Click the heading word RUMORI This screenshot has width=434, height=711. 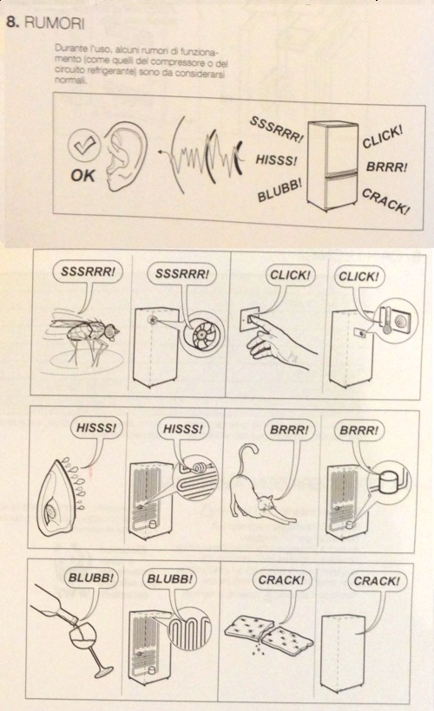54,23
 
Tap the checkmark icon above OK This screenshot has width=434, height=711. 84,146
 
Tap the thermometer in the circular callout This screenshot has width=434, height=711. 386,321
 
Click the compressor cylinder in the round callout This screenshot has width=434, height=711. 390,480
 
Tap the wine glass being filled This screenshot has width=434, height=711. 89,649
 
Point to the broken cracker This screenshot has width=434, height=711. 269,630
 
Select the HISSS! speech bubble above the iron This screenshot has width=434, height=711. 95,428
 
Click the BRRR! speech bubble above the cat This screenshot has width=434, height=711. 289,429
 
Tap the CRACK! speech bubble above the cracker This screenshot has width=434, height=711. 281,580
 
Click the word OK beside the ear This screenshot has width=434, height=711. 82,175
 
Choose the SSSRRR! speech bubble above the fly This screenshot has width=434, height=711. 88,271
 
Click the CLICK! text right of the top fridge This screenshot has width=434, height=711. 382,136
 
